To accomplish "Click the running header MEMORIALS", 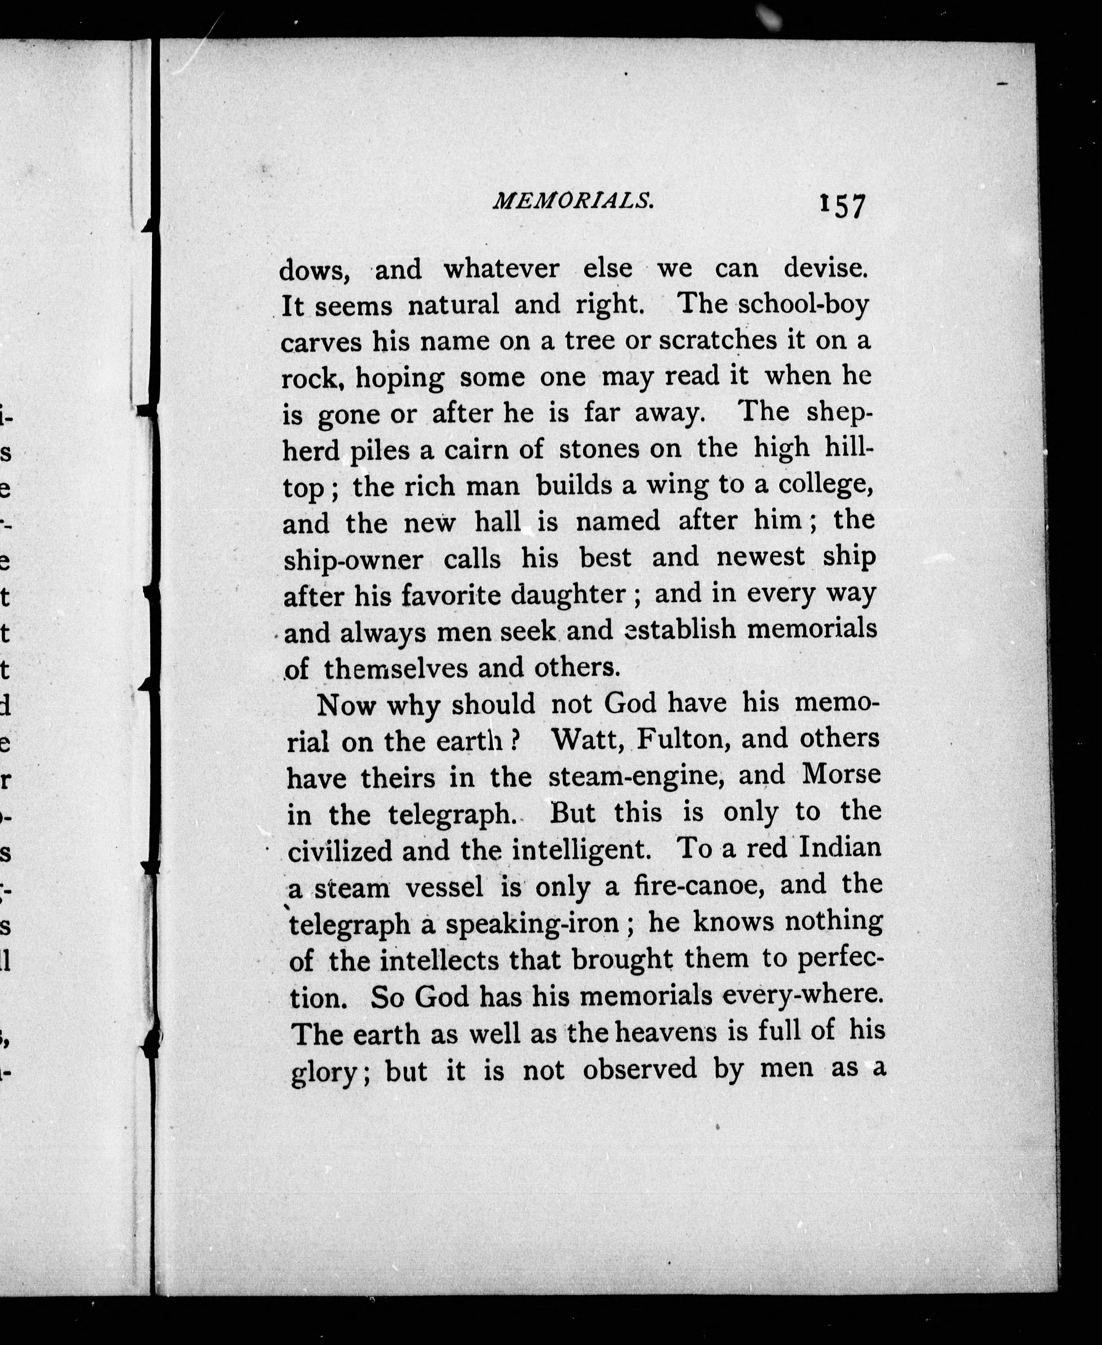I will pos(573,201).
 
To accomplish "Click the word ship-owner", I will pos(353,559).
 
